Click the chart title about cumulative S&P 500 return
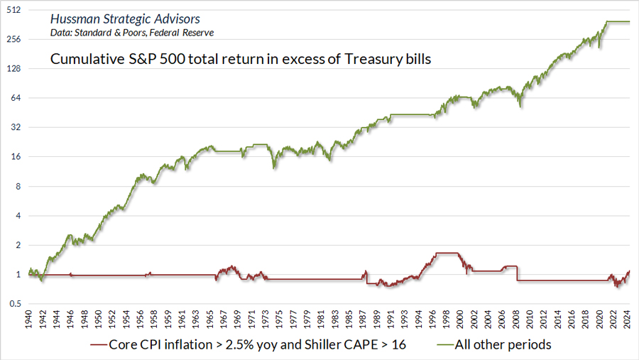pyautogui.click(x=241, y=60)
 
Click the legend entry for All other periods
pyautogui.click(x=502, y=344)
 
